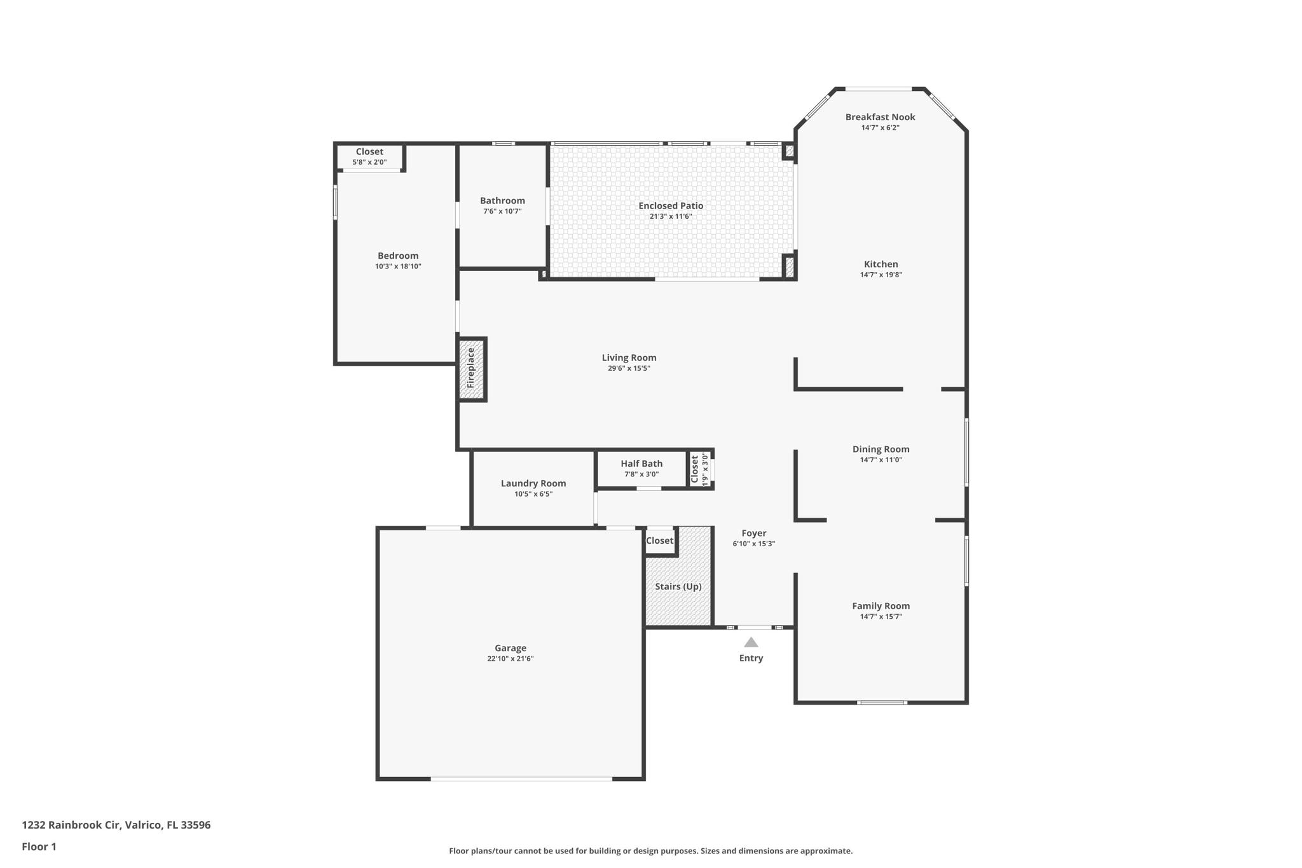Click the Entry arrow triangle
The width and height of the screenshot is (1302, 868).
pyautogui.click(x=751, y=642)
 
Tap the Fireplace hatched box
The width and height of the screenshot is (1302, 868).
pyautogui.click(x=472, y=369)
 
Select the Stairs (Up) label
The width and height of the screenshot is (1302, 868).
pyautogui.click(x=678, y=586)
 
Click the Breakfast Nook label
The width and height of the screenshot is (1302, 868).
pyautogui.click(x=881, y=117)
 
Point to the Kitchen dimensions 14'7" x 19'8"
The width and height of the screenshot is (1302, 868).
pyautogui.click(x=881, y=275)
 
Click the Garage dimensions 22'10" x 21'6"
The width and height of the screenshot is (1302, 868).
pyautogui.click(x=511, y=659)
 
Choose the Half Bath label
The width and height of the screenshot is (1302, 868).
pyautogui.click(x=641, y=464)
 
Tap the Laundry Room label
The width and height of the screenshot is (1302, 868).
pyautogui.click(x=533, y=483)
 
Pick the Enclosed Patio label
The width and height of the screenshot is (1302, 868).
pyautogui.click(x=671, y=206)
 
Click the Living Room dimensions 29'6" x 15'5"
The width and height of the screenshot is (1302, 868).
pyautogui.click(x=629, y=368)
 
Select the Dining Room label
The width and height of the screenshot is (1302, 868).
pyautogui.click(x=881, y=450)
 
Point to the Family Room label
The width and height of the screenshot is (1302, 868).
pyautogui.click(x=881, y=606)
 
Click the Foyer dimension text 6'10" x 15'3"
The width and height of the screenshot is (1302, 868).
pyautogui.click(x=754, y=544)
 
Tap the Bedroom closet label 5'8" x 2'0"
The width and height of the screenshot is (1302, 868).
pyautogui.click(x=369, y=162)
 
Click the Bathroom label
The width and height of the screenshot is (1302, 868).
pyautogui.click(x=502, y=201)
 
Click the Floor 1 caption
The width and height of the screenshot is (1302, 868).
pyautogui.click(x=39, y=846)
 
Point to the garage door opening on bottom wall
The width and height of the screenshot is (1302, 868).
pyautogui.click(x=521, y=778)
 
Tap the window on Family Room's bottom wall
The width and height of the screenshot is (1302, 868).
pyautogui.click(x=881, y=703)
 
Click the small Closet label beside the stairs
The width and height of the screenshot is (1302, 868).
pyautogui.click(x=659, y=541)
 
